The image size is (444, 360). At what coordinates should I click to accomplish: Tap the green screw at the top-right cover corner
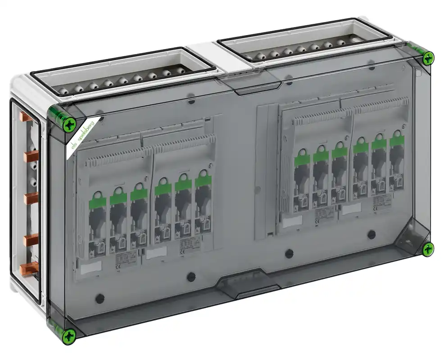click(428, 57)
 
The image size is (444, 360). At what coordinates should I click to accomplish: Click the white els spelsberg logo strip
click(83, 135)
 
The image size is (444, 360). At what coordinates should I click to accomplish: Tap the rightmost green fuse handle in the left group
click(203, 180)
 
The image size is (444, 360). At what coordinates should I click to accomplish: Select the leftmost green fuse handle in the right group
click(300, 160)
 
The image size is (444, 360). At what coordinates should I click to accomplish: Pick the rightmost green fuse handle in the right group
click(396, 140)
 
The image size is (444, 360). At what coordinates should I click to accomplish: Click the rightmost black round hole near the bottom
click(372, 234)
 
